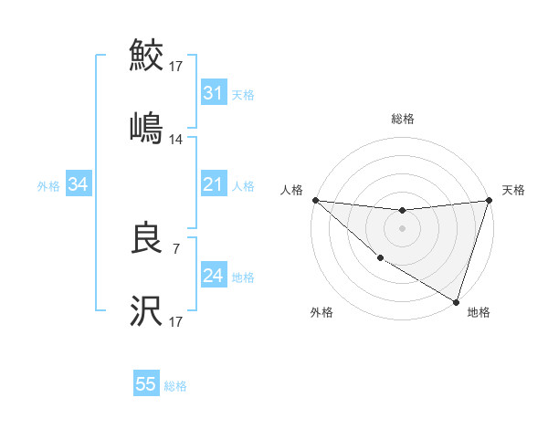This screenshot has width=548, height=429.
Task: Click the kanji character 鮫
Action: tap(146, 57)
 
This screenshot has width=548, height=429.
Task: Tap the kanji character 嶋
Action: tap(146, 128)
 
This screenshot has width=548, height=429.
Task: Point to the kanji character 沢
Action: tap(146, 311)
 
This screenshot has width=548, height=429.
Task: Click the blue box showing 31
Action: tap(213, 93)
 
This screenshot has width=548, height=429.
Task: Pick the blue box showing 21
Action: tap(213, 185)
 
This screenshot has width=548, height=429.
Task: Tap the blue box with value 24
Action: tap(213, 276)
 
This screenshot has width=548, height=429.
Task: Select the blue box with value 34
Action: tap(78, 185)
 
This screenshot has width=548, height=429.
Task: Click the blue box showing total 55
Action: tap(146, 384)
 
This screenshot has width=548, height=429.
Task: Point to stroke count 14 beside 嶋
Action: tap(176, 140)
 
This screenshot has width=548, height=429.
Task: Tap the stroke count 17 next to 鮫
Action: tap(176, 67)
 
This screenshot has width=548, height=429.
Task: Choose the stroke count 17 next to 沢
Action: tap(176, 322)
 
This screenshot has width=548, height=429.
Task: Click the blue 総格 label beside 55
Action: tap(175, 386)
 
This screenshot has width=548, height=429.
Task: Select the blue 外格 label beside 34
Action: tap(48, 186)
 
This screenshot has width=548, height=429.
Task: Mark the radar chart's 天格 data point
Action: tap(489, 201)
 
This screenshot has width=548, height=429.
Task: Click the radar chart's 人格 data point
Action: tap(315, 200)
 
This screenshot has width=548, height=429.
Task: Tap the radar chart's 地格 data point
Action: tap(454, 300)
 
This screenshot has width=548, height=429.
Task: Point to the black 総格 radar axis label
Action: tap(402, 119)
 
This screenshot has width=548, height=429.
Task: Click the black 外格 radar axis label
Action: tap(321, 312)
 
